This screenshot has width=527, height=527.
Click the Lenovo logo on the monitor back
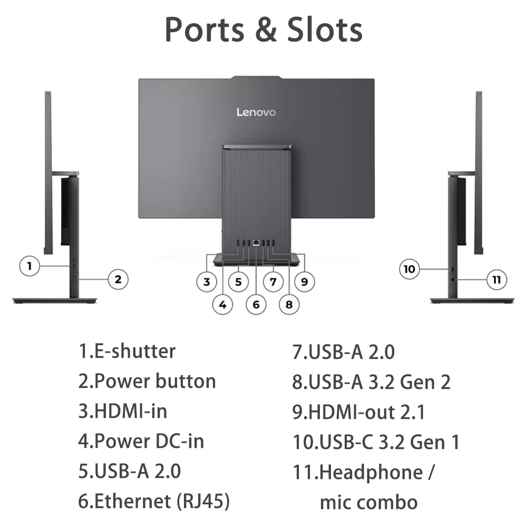pos(256,112)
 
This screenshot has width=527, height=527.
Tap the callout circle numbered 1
pos(30,266)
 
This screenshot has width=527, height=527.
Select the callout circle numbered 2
pos(118,279)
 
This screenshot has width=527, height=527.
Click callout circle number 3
pos(207,282)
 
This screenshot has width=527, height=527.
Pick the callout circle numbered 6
pos(256,305)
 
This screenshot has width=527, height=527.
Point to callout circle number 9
pos(304,281)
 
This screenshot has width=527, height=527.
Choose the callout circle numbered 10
pos(409,269)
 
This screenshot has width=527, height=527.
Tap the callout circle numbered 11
pos(496,279)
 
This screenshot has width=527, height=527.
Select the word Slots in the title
pos(325,30)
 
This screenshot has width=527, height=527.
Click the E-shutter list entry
pos(127,350)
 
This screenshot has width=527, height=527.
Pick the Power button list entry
pos(147,381)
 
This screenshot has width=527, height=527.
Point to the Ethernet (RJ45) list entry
pos(154,502)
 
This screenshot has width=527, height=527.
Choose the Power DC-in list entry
pos(141,441)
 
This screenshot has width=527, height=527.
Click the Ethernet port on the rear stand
pos(256,243)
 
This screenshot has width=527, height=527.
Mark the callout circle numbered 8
pos(289,304)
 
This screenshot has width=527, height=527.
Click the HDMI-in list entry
pos(123,411)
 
